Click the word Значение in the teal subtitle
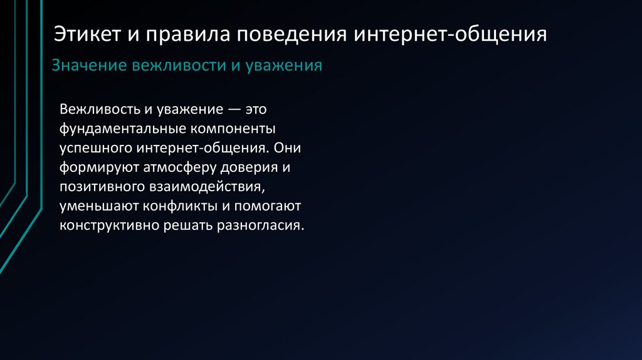tap(87, 66)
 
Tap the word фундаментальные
tap(122, 129)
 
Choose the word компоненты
tap(233, 129)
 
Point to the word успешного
tap(94, 149)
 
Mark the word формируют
tap(97, 168)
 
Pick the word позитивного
tap(100, 187)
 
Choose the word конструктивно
tap(107, 225)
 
